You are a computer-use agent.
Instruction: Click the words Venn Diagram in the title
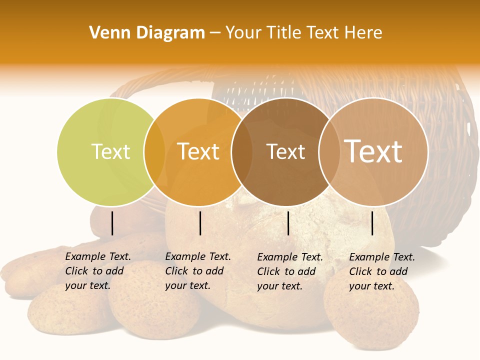[147, 33]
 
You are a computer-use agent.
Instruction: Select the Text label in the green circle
[110, 151]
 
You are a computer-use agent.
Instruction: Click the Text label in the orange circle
[198, 151]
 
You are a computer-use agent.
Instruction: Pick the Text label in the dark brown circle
[285, 151]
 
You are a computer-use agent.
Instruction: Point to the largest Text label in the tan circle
[373, 151]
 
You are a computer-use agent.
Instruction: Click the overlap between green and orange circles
[154, 152]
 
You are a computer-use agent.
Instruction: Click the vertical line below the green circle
[112, 223]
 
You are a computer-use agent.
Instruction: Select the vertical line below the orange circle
[200, 223]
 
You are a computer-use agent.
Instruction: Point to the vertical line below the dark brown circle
[288, 223]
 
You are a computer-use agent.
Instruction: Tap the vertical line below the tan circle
[372, 223]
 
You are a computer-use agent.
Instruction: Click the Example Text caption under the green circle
[97, 271]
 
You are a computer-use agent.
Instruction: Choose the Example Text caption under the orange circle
[197, 271]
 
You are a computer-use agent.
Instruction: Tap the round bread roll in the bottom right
[371, 312]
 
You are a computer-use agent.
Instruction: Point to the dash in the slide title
[215, 33]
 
